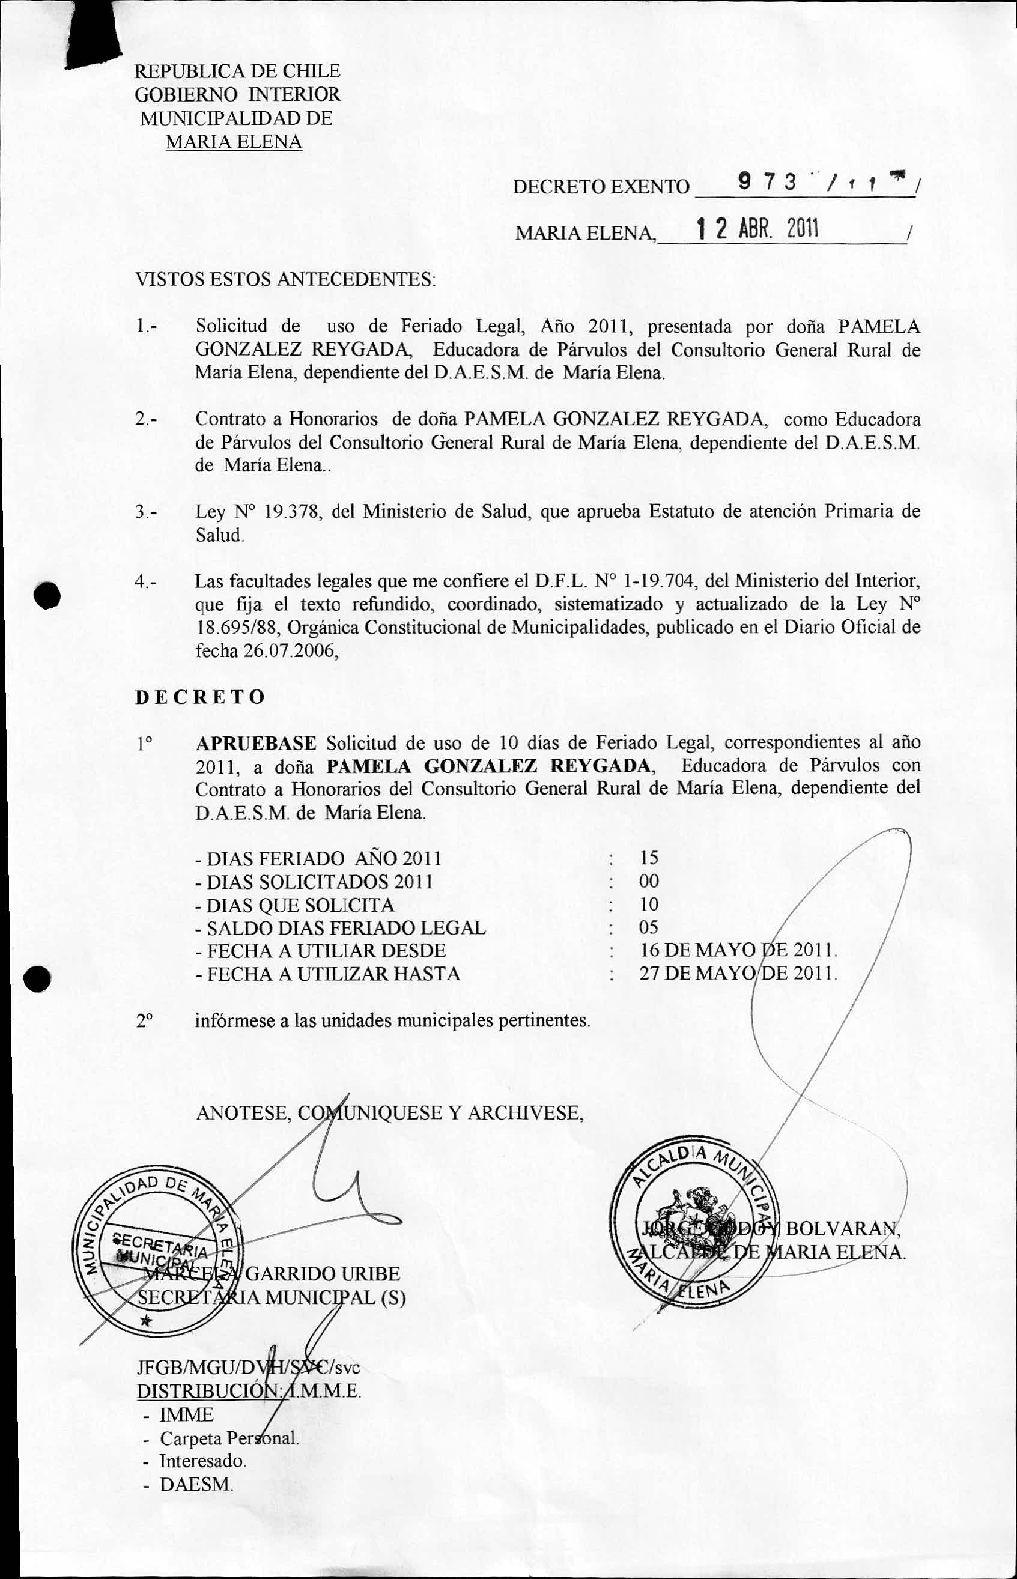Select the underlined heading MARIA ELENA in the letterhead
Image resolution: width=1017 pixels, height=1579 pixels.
click(234, 142)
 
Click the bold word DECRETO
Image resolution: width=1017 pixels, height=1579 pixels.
click(200, 697)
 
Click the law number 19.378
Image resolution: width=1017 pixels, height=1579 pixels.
click(292, 512)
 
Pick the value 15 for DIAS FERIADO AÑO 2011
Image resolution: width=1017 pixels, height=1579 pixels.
click(649, 858)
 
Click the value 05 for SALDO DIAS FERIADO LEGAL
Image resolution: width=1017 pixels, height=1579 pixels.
click(649, 927)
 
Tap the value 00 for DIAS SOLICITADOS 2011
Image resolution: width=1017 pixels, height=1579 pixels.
click(649, 880)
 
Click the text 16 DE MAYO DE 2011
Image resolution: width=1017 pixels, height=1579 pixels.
click(738, 950)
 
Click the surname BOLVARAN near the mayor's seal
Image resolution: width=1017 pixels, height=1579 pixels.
click(842, 1228)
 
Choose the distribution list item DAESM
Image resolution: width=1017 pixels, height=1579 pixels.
click(196, 1485)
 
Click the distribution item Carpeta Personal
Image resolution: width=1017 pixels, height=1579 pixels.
click(229, 1438)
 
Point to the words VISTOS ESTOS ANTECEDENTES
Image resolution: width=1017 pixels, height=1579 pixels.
click(285, 279)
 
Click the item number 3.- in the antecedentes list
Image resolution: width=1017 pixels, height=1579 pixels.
click(147, 512)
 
